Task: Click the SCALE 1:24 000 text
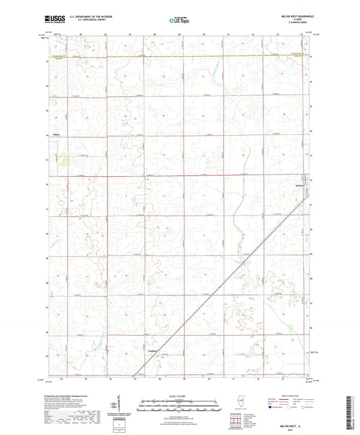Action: [x=179, y=394]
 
